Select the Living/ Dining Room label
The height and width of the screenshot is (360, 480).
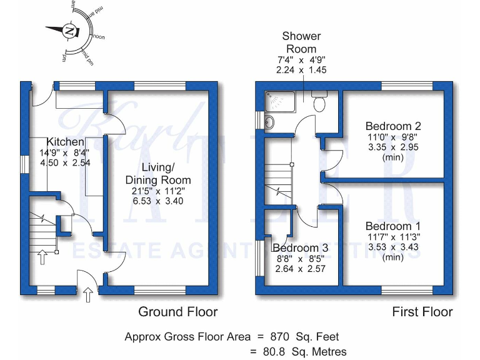(157, 174)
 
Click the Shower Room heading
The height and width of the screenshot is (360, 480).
(301, 42)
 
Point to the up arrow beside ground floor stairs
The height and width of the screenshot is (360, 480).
(42, 257)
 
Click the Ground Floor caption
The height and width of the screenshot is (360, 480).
(177, 311)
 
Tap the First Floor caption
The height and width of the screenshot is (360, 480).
(422, 311)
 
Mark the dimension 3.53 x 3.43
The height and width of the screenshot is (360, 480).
(392, 247)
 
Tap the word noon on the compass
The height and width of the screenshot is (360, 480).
(99, 37)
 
